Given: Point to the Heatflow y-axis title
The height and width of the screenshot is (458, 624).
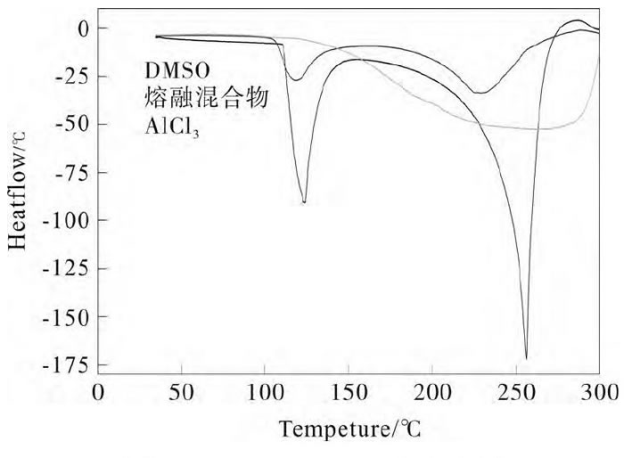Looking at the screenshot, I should click(21, 190).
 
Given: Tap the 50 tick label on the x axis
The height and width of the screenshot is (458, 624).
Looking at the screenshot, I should click(182, 393).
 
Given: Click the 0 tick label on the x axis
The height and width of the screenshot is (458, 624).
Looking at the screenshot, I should click(99, 393).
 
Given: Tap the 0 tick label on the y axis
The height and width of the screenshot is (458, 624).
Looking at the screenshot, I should click(82, 29).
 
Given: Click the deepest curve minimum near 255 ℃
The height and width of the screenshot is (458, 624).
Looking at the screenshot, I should click(526, 357).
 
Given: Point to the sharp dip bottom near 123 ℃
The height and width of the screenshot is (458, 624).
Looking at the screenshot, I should click(305, 202).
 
